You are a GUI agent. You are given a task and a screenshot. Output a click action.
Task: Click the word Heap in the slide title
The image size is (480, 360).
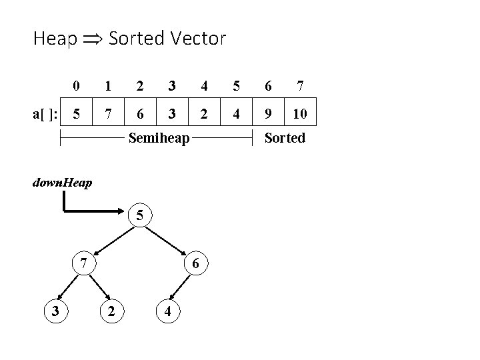[54, 39]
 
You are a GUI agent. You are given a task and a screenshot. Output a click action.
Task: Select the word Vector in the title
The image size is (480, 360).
[197, 38]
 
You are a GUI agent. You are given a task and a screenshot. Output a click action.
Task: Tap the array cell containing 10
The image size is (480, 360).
[300, 113]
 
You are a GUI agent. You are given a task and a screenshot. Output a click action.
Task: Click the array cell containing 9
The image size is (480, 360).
[268, 113]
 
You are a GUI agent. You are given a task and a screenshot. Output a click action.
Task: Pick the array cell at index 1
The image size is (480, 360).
[108, 113]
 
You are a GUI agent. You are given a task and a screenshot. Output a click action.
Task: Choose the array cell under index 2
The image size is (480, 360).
[139, 113]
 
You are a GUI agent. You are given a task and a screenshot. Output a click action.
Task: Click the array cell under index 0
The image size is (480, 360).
[77, 113]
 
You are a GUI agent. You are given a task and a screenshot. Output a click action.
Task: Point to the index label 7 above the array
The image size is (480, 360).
[300, 85]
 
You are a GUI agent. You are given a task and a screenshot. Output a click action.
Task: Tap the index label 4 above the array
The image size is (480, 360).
[204, 85]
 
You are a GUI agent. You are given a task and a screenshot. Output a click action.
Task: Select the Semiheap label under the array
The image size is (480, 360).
[159, 139]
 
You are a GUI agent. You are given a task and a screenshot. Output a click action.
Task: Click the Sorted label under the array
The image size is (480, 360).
[285, 139]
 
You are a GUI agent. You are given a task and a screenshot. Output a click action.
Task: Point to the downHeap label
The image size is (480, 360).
[63, 182]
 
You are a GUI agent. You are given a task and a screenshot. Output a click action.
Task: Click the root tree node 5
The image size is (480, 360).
[140, 215]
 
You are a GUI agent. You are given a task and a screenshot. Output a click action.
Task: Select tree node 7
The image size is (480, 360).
[82, 263]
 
